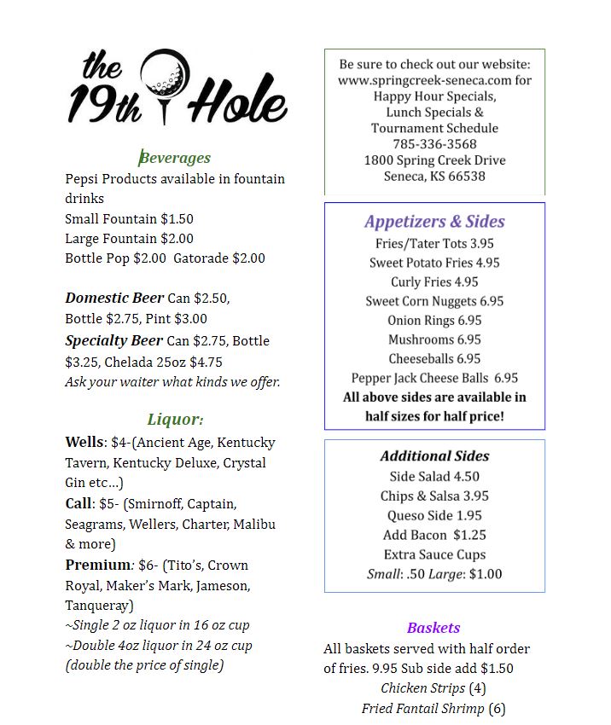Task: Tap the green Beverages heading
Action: point(175,158)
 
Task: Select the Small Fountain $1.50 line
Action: point(129,219)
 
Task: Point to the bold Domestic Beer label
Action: point(114,299)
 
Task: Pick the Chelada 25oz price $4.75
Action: point(206,362)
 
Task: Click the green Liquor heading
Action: point(176,420)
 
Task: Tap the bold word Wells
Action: point(84,443)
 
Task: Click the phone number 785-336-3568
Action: point(434,144)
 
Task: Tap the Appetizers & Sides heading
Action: point(434,222)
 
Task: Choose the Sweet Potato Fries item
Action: point(434,263)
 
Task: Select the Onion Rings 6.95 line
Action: point(434,321)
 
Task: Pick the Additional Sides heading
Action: point(434,456)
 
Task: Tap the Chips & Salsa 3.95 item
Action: point(434,496)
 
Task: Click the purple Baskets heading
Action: point(434,628)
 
